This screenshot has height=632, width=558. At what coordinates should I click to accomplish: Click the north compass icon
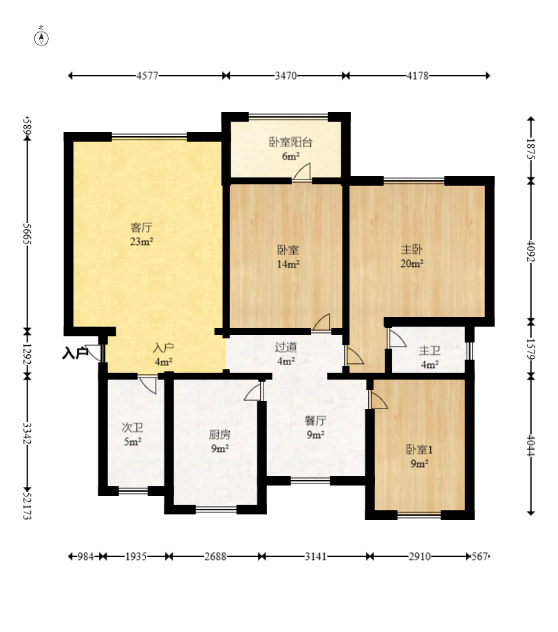click(x=42, y=38)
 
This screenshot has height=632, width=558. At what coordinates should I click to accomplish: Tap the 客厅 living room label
click(x=141, y=227)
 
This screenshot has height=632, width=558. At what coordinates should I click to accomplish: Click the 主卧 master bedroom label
click(x=412, y=250)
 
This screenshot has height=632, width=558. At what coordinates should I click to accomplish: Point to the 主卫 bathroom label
click(x=429, y=351)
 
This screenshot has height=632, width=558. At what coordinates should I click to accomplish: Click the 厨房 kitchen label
click(x=219, y=435)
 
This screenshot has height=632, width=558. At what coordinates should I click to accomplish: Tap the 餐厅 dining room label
click(x=315, y=421)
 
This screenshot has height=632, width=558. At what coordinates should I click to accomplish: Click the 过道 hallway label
click(x=286, y=348)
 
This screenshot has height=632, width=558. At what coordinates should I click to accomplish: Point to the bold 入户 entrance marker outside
click(x=75, y=353)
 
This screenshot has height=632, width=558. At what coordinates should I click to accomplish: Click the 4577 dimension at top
click(x=147, y=76)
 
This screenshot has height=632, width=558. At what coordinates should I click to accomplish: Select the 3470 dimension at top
click(x=286, y=76)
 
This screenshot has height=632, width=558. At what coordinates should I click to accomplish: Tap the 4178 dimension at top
click(x=417, y=76)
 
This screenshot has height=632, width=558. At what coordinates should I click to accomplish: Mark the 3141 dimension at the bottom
click(x=315, y=556)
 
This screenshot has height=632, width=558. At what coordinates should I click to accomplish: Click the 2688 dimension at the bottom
click(x=215, y=556)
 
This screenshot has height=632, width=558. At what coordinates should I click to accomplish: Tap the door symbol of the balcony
click(x=303, y=173)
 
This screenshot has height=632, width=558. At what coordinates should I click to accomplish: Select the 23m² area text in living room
click(x=141, y=241)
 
